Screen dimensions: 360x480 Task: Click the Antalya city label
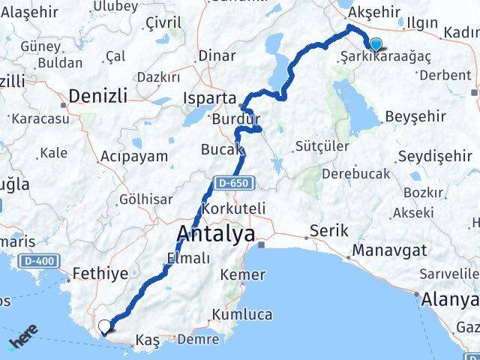tap(214, 233)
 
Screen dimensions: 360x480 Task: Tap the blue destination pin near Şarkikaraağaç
tap(375, 45)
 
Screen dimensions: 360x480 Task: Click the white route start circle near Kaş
tap(103, 325)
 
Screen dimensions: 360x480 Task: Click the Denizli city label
tap(97, 95)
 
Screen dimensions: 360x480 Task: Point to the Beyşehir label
tap(415, 117)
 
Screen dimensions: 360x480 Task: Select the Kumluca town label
tap(242, 314)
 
